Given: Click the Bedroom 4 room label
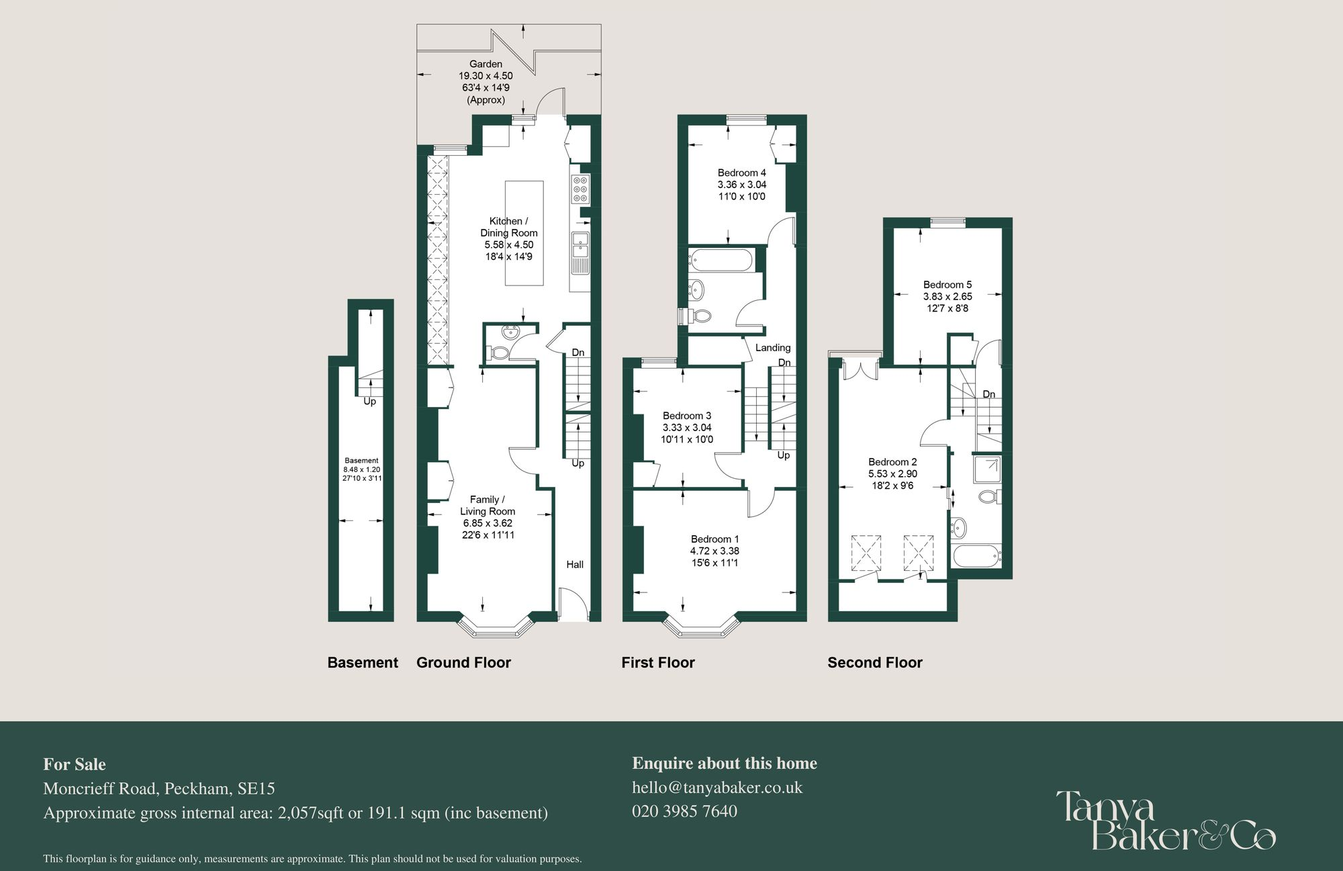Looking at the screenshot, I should (x=741, y=173).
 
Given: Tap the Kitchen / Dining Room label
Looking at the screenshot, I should (x=508, y=227).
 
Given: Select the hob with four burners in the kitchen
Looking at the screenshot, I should (x=581, y=189).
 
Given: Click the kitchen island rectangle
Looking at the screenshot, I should (x=524, y=232).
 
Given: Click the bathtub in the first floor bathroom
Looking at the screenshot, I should (x=721, y=260).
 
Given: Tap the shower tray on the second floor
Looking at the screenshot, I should (x=986, y=469).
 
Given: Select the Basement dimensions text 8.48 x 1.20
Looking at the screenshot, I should (x=362, y=469).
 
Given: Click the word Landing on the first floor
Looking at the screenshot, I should (x=773, y=347).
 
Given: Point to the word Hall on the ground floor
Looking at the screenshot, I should (x=575, y=564).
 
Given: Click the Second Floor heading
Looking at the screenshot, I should (x=874, y=662).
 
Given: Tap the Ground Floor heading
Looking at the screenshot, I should (x=463, y=662).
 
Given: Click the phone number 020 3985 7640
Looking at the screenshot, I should (x=684, y=811).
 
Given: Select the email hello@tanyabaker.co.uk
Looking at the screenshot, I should (x=717, y=787).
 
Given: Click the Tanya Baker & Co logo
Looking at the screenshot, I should (x=1164, y=821).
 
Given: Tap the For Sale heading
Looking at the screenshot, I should (x=75, y=764).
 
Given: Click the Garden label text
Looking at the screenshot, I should (x=485, y=64).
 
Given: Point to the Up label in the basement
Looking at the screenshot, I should (x=369, y=402).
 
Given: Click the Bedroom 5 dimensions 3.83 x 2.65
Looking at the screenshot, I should (x=947, y=296).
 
